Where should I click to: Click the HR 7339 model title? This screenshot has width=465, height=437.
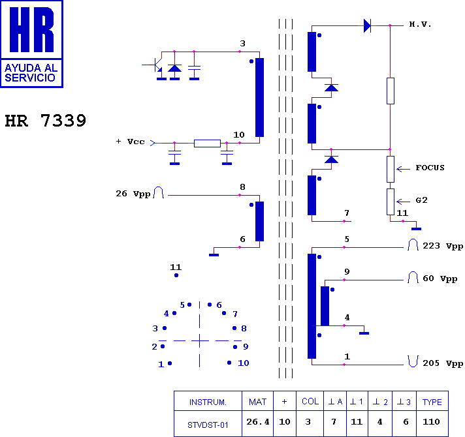pos(45,121)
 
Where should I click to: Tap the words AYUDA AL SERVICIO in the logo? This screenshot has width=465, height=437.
pos(31,73)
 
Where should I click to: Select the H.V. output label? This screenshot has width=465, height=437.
pos(420,24)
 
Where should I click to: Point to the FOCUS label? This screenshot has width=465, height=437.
pos(430,168)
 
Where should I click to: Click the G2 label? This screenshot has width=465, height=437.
pos(421,200)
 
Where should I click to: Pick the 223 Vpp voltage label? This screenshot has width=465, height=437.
pos(443,246)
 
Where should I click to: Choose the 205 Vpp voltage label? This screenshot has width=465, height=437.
pos(443,363)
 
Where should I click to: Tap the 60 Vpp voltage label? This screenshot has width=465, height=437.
pos(440,279)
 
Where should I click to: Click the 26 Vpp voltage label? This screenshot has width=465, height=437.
pos(133,194)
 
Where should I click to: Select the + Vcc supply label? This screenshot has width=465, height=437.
pos(130,142)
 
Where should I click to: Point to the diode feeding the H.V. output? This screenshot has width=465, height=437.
pos(367,25)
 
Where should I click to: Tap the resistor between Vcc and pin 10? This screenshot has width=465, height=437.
pos(207,143)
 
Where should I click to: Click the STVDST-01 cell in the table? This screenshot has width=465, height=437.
pos(208,425)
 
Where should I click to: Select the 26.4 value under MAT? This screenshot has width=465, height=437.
pos(258,421)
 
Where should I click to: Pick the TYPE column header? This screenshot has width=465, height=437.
pos(432,402)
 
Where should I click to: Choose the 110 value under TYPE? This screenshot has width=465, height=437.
pos(431,421)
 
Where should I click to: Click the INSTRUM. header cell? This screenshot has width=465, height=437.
pos(208,402)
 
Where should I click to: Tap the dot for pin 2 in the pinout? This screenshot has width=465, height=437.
pos(163,346)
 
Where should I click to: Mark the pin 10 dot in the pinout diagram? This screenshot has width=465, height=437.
pos(229,363)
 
